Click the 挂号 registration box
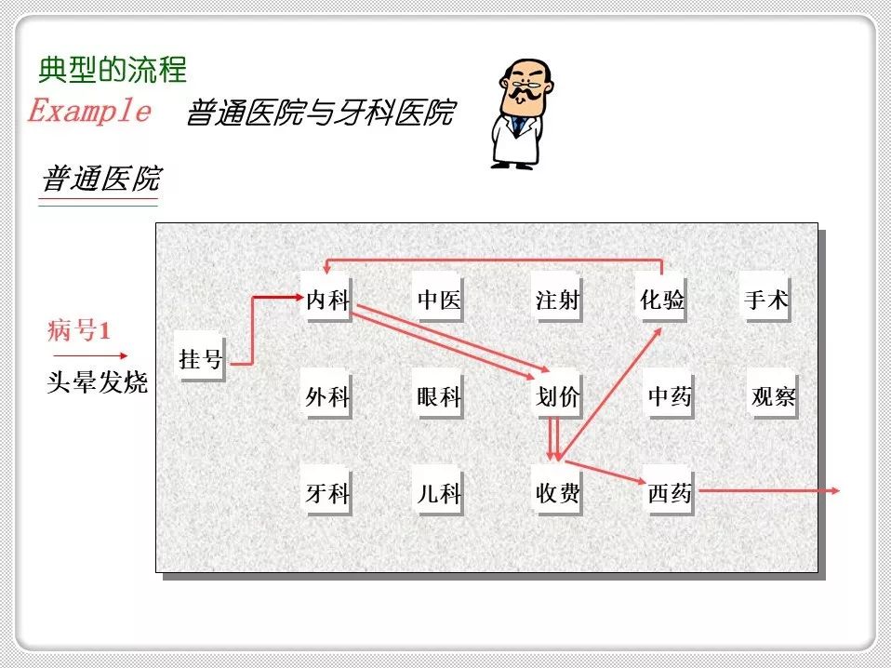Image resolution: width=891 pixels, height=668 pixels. pyautogui.click(x=200, y=358)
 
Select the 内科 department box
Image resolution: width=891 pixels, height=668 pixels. pyautogui.click(x=327, y=300)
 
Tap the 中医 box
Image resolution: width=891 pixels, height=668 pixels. pyautogui.click(x=438, y=300)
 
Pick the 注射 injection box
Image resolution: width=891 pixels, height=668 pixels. pyautogui.click(x=557, y=300)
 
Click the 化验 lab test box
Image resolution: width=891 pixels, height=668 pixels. pyautogui.click(x=661, y=300)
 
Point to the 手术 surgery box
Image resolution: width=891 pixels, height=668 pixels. pyautogui.click(x=766, y=300)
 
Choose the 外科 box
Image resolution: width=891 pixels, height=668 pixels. pyautogui.click(x=327, y=397)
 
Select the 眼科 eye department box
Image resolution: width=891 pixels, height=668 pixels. pyautogui.click(x=438, y=397)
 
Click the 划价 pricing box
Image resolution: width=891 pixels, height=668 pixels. pyautogui.click(x=557, y=397)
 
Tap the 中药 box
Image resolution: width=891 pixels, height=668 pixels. pyautogui.click(x=670, y=397)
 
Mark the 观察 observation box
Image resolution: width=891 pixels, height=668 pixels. pyautogui.click(x=773, y=397)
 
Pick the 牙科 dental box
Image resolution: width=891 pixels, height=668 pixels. pyautogui.click(x=327, y=493)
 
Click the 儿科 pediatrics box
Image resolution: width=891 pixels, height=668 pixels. pyautogui.click(x=438, y=493)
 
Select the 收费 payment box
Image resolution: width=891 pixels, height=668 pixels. pyautogui.click(x=557, y=493)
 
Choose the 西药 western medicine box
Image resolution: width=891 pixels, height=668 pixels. pyautogui.click(x=670, y=493)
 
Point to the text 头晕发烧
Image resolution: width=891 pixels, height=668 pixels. pyautogui.click(x=97, y=382)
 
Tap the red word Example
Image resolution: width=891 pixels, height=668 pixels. pyautogui.click(x=89, y=112)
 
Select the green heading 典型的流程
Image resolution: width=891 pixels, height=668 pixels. pyautogui.click(x=113, y=69)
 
